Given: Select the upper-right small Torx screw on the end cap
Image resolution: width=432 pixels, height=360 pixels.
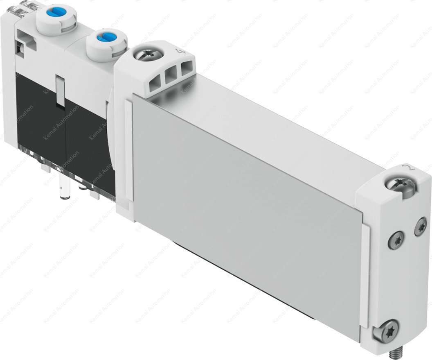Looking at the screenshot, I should (420, 226).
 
